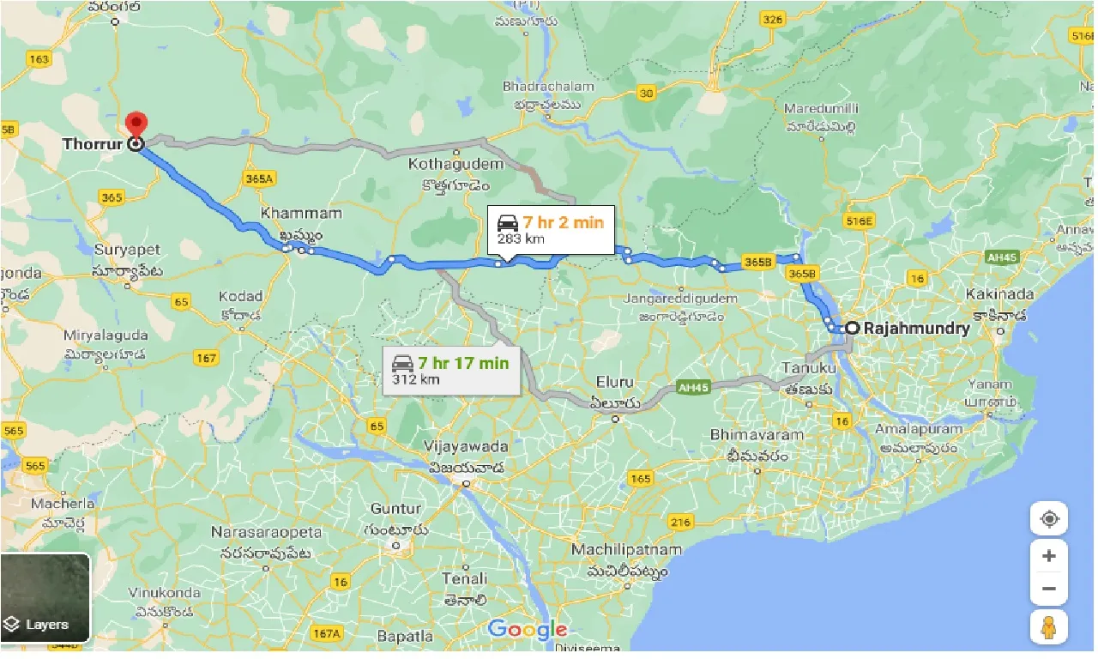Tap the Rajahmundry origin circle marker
[x=851, y=328]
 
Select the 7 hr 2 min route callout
[x=551, y=230]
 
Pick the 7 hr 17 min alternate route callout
[x=450, y=370]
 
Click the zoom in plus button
[x=1048, y=556]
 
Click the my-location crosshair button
[x=1048, y=519]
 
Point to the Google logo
[x=527, y=630]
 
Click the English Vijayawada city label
[x=466, y=446]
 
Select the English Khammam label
[x=300, y=213]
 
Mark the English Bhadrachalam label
[x=548, y=87]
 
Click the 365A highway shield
[x=257, y=178]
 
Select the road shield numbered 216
[x=681, y=522]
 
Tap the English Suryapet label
[x=128, y=249]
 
